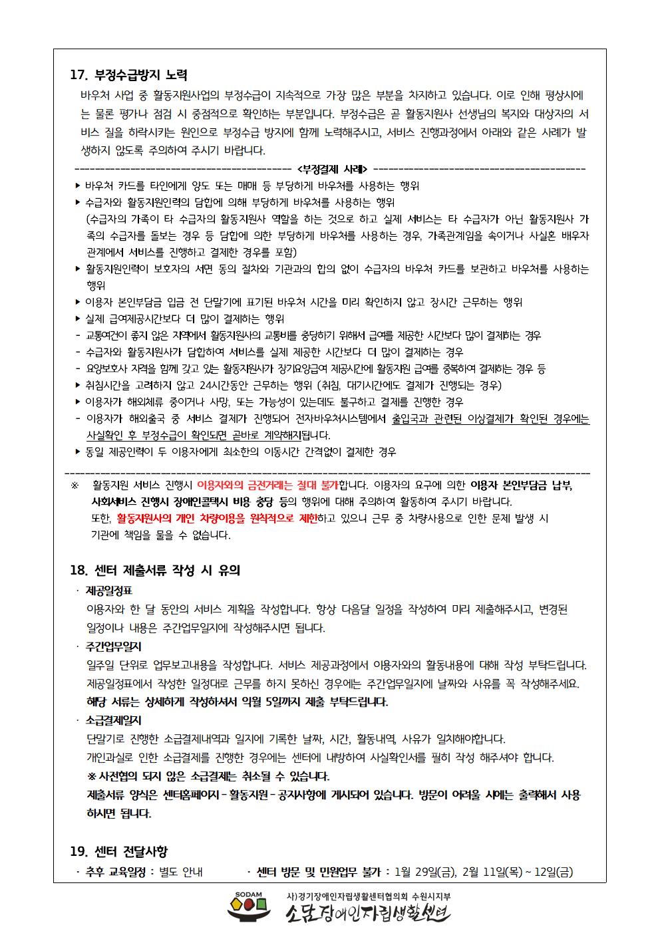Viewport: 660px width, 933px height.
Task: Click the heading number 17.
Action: (79, 74)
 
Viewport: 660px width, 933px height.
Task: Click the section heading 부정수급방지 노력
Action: (141, 74)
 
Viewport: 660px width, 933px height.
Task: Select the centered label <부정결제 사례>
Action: (335, 169)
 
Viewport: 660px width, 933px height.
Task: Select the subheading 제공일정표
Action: (109, 591)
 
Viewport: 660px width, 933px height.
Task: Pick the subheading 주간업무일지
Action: (114, 646)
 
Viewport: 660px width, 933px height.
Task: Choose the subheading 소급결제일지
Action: (114, 720)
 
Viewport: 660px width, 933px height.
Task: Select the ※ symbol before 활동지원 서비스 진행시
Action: (75, 485)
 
